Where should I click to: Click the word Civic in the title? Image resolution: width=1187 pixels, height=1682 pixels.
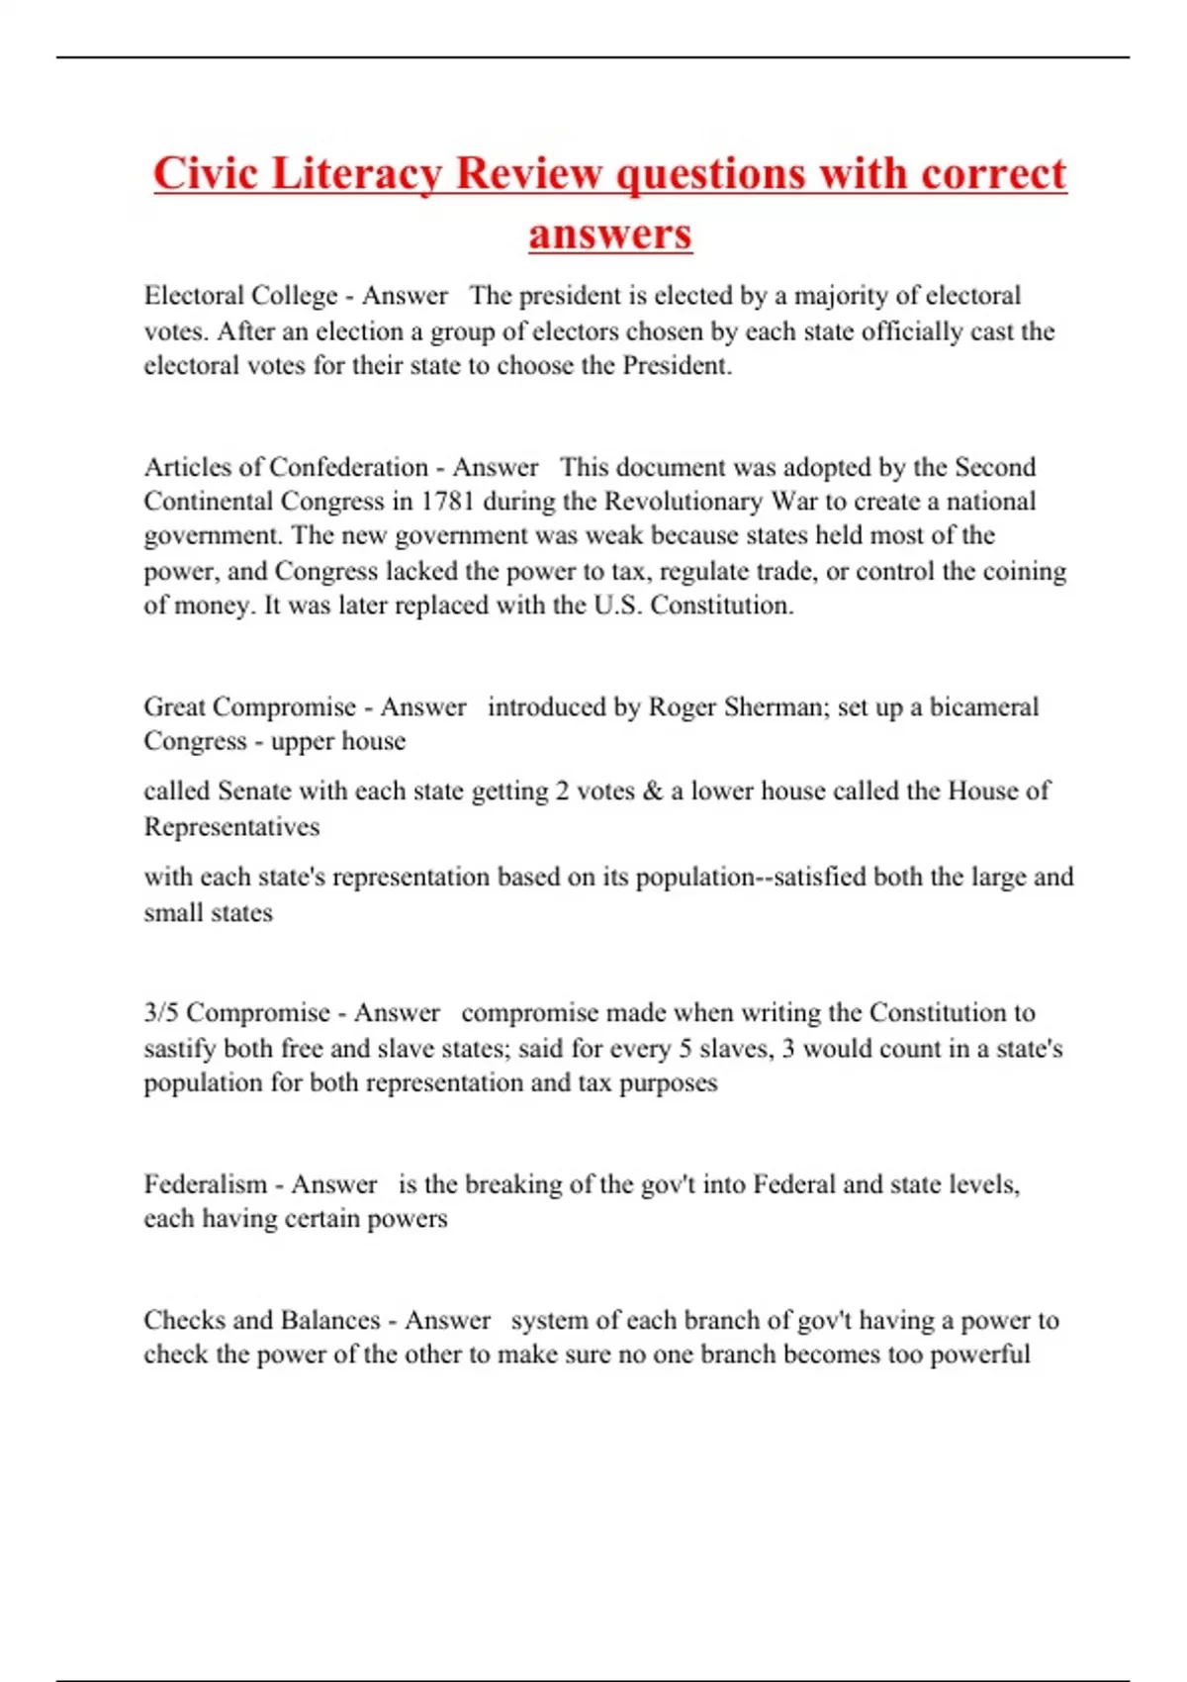[206, 174]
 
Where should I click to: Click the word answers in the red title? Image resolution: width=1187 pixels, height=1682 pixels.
[610, 234]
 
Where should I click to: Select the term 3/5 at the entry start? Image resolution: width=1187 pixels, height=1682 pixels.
[161, 1013]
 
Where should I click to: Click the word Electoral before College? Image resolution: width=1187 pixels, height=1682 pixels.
[194, 296]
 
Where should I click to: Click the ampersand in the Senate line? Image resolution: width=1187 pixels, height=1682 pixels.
[652, 792]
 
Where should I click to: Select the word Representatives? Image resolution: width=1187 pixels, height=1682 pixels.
[231, 827]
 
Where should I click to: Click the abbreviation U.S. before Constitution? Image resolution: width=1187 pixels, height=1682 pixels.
[618, 606]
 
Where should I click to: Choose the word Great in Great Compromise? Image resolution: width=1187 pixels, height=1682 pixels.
[174, 707]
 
